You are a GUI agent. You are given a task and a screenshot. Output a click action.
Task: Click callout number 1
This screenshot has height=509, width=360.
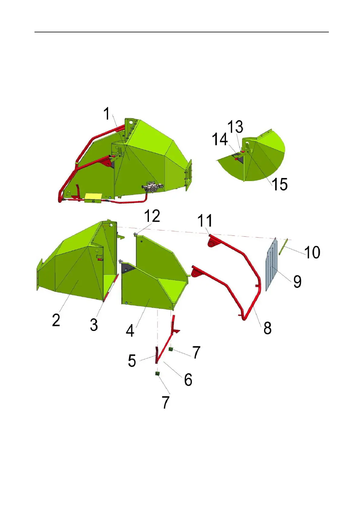pos(106,114)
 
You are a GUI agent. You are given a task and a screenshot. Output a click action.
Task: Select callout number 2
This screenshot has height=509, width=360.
pos(56,320)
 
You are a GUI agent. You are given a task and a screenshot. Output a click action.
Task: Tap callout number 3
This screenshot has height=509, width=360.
pos(94,325)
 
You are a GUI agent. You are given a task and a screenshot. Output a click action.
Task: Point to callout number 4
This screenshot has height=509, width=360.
pos(130,330)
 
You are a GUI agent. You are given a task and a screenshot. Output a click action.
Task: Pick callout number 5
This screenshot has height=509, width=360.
pos(132,361)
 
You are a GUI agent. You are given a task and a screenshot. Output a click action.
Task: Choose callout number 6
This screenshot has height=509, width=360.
pos(188,379)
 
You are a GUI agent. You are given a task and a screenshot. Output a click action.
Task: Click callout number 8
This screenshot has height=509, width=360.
pos(267,328)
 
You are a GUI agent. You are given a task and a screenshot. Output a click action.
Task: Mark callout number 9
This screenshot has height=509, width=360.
pos(297,281)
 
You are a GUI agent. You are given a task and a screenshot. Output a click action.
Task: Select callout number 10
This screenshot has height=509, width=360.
pos(312,252)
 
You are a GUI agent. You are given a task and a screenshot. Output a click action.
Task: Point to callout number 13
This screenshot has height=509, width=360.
pos(235,127)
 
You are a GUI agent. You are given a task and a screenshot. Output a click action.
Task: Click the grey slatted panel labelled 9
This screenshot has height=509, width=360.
pos(271,264)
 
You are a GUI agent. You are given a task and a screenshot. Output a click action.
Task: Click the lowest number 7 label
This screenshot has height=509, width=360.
pos(165,402)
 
